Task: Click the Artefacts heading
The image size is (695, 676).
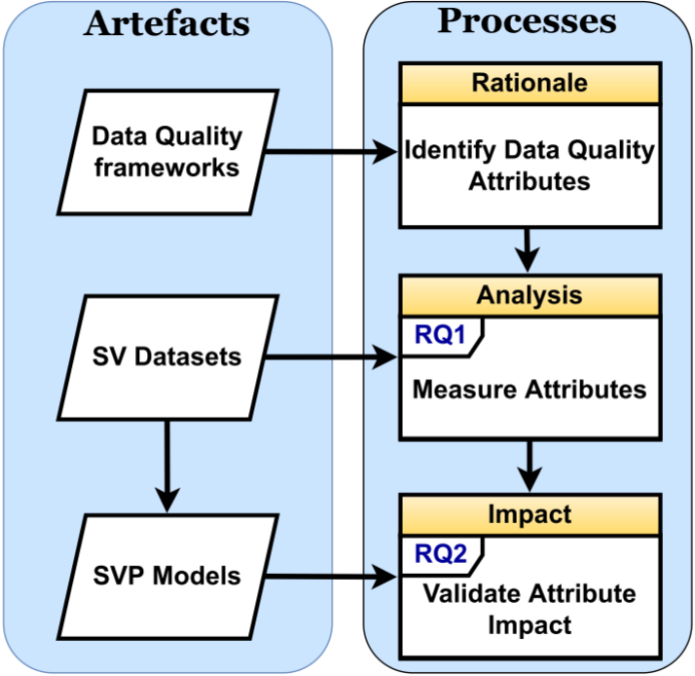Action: [x=166, y=23]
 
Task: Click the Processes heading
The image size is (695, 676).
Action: [x=527, y=22]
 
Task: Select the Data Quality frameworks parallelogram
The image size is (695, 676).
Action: [x=167, y=151]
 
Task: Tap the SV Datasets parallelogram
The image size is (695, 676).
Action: [x=167, y=357]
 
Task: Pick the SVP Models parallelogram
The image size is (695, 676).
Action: [x=167, y=576]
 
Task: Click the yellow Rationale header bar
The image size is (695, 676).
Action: [x=530, y=83]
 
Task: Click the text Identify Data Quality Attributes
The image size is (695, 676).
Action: [x=530, y=166]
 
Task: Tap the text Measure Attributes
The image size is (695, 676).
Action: [x=530, y=390]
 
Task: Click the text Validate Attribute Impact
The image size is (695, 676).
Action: [x=530, y=609]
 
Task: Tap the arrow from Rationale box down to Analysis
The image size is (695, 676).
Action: [x=528, y=248]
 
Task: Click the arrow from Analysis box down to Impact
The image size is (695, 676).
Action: [x=528, y=466]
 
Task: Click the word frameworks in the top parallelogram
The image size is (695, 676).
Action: [x=167, y=167]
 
